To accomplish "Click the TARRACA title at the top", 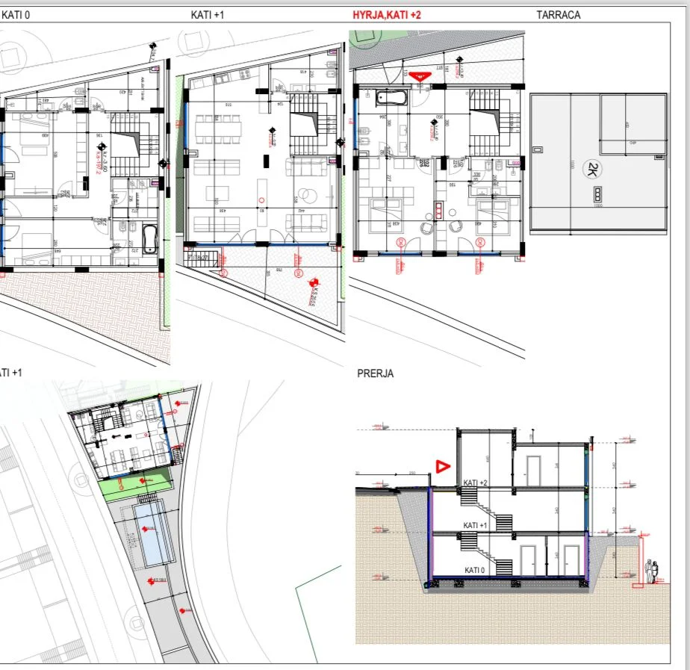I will coord(558,14).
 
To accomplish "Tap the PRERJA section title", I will coord(375,373).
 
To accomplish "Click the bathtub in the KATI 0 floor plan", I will coord(150,239).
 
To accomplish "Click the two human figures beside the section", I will coord(653,571).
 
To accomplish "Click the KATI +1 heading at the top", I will coord(208,14).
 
